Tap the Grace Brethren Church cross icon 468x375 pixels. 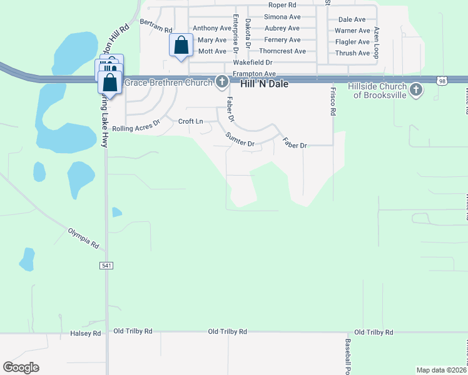point(221,82)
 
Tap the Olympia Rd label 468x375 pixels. point(83,237)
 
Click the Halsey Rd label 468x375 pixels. point(86,334)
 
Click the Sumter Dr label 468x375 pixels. point(240,139)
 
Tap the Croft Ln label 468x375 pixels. point(191,121)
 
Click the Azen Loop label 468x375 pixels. point(377,42)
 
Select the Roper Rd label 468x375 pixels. point(282,4)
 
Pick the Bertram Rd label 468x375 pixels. point(156,26)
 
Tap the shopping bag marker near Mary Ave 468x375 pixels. point(181,46)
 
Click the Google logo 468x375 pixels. point(21,367)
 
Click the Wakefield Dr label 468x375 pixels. point(253,62)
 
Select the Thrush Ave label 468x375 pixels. point(352,53)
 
